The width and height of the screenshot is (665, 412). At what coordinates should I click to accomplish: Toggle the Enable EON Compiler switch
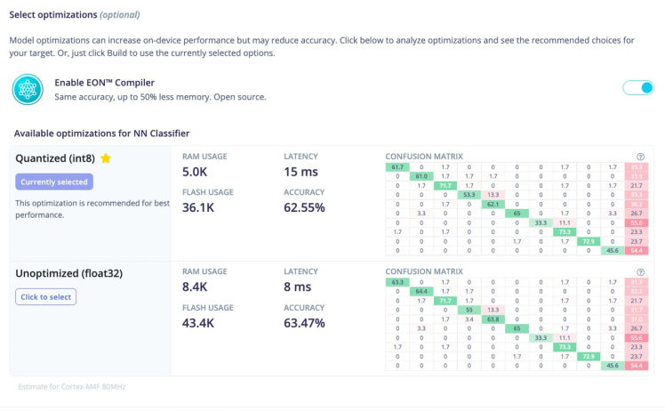click(x=637, y=87)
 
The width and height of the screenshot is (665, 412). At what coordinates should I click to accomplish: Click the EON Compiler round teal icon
click(x=28, y=89)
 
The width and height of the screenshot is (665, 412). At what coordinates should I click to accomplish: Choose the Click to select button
click(x=45, y=296)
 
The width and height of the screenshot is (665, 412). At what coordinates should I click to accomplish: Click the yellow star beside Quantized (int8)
click(x=106, y=158)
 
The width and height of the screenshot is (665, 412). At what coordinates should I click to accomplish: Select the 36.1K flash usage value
click(x=200, y=207)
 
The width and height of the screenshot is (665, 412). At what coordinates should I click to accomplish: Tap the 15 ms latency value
click(x=302, y=171)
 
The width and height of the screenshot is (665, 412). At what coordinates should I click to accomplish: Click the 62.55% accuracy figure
click(x=304, y=207)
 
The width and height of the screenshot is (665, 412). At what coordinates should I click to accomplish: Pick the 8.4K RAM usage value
click(x=196, y=287)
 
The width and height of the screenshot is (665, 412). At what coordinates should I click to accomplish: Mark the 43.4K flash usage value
click(x=200, y=323)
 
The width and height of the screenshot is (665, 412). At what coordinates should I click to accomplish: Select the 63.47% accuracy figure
click(x=304, y=323)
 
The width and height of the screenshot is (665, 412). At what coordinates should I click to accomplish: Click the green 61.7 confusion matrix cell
click(x=396, y=166)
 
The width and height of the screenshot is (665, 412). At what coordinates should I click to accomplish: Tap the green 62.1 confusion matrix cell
click(x=493, y=204)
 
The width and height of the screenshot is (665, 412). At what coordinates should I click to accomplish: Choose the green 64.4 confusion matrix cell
click(x=421, y=291)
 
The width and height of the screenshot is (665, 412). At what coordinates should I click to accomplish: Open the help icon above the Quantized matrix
click(x=641, y=157)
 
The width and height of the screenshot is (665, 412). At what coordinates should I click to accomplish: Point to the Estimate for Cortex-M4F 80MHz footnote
click(x=70, y=386)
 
